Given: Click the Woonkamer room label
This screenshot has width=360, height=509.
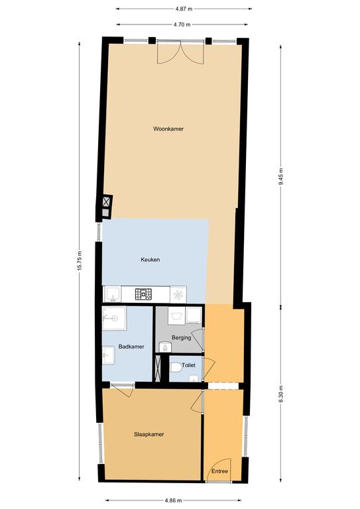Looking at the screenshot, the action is [168, 129].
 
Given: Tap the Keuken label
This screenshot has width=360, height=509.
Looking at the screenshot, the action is [150, 260].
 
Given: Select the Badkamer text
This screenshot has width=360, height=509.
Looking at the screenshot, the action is [131, 347].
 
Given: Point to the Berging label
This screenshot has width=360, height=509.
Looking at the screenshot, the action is [182, 337].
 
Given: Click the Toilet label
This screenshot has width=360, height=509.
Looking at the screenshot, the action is [188, 365].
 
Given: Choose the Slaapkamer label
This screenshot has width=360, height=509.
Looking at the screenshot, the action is [149, 434].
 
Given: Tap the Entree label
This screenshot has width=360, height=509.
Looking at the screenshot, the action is [219, 471].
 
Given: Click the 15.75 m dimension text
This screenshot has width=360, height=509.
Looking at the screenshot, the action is [80, 262].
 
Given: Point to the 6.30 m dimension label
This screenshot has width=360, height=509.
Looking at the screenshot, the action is [281, 394].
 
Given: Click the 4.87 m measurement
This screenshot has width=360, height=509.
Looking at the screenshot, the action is [184, 9].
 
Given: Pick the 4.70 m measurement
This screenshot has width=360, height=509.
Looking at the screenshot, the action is [182, 25].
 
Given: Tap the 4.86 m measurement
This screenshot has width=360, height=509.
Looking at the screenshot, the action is [173, 500].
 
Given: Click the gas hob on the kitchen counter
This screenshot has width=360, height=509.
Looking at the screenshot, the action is [143, 294].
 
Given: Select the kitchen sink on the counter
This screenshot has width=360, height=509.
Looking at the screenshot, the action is [112, 294].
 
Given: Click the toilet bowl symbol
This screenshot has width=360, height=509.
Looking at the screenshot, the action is [176, 368].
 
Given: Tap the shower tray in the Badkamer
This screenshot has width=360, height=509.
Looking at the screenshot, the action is [114, 318].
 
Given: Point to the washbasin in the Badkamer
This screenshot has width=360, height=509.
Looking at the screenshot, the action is [109, 355].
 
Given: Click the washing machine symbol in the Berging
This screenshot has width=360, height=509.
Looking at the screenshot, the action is [176, 315].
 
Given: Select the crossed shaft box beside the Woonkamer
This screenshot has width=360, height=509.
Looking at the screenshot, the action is [106, 202].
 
